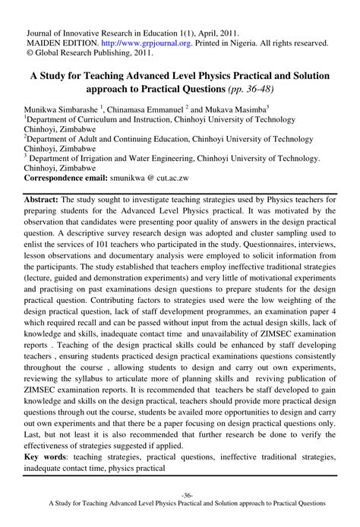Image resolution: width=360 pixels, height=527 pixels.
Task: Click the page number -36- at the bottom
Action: tap(180, 493)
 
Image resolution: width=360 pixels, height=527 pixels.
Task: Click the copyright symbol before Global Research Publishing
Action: tap(30, 54)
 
